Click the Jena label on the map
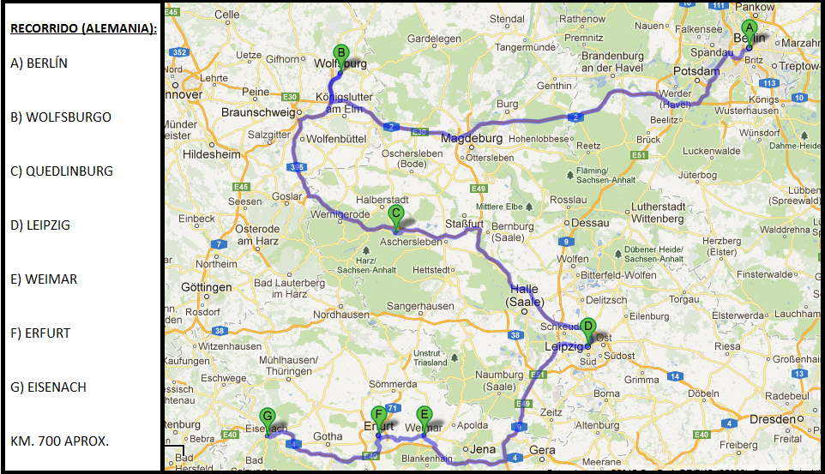[x=483, y=448]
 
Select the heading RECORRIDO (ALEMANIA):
[x=83, y=28]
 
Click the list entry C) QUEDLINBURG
[x=62, y=171]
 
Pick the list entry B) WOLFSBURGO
[x=61, y=117]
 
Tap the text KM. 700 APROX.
[x=59, y=441]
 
